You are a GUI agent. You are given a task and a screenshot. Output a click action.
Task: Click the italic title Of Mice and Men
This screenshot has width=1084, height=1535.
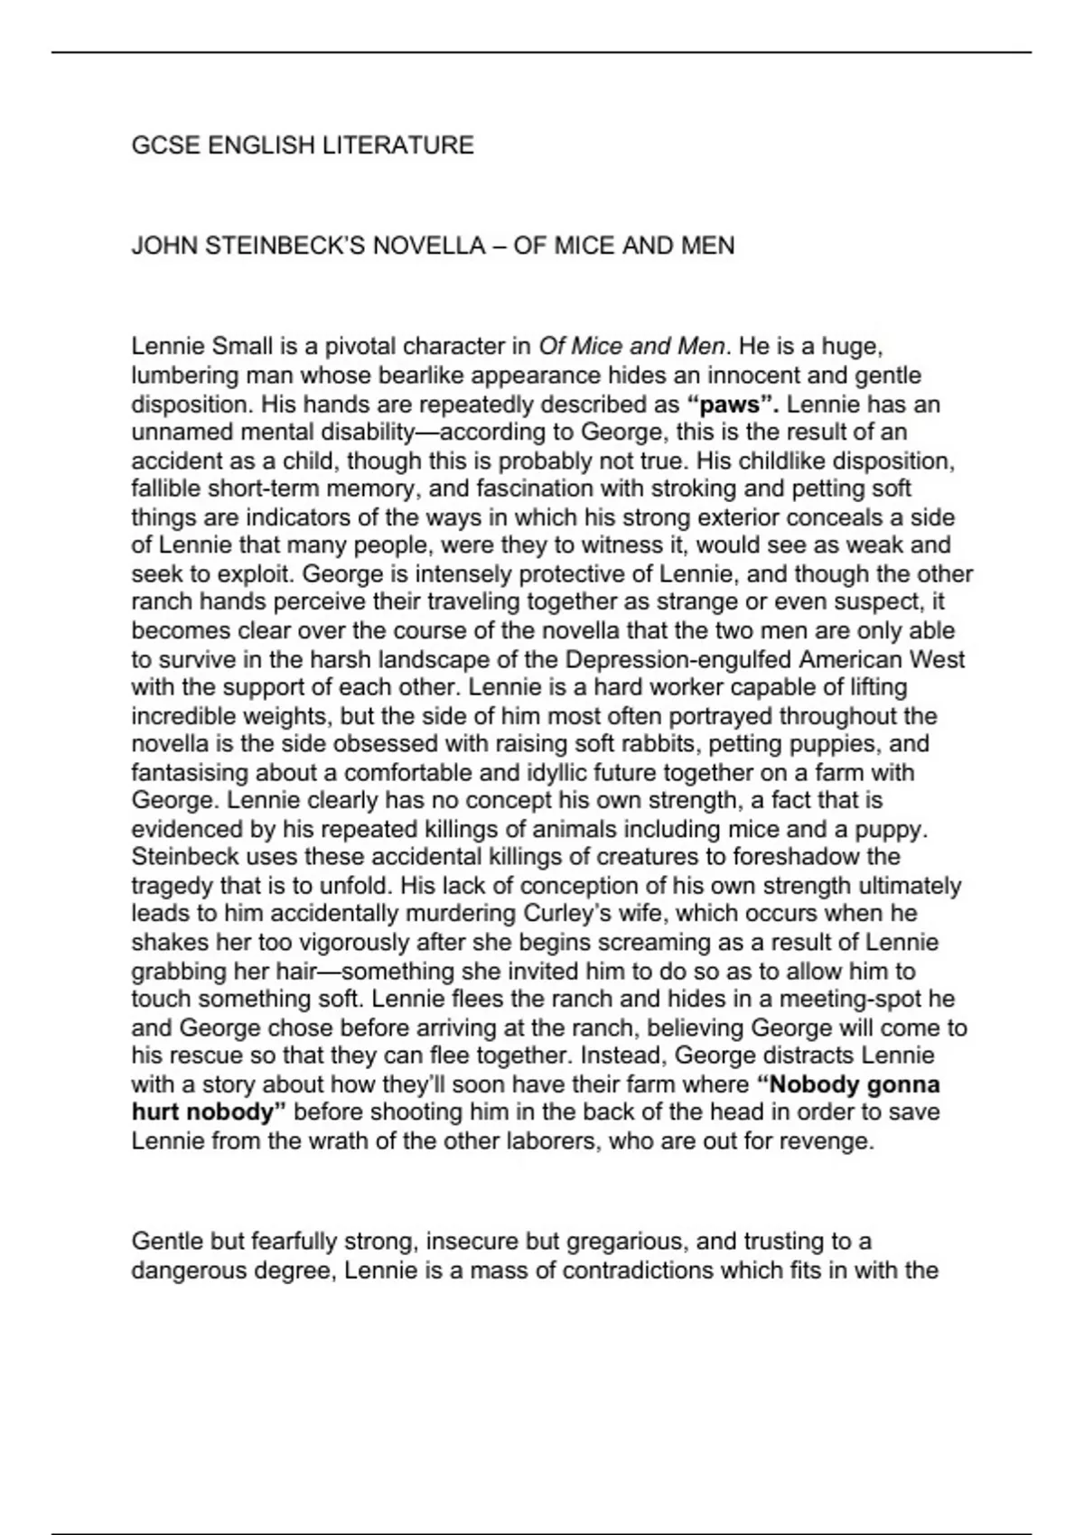point(631,346)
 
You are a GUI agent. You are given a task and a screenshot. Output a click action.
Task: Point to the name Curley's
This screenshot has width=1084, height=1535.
point(566,914)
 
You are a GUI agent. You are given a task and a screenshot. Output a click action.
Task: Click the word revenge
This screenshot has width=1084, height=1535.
point(828,1141)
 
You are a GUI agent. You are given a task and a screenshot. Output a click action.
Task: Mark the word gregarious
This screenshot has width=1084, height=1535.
point(619,1242)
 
